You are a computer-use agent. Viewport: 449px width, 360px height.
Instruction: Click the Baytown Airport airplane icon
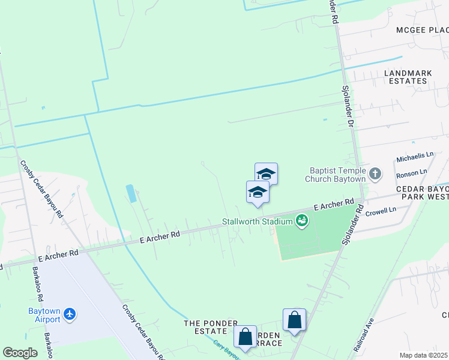[70, 314]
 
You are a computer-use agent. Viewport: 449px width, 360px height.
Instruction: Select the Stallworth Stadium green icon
[301, 221]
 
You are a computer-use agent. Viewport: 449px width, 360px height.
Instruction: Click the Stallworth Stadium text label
[256, 221]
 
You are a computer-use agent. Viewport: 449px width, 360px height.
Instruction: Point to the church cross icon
[375, 174]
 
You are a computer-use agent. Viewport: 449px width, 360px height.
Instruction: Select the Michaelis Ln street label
[415, 157]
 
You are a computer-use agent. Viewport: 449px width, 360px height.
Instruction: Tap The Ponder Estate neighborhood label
[211, 323]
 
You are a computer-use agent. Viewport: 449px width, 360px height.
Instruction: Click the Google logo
[20, 353]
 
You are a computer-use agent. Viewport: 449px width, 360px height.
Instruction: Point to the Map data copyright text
[424, 355]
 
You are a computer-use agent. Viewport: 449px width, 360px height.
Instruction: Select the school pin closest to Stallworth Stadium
[258, 193]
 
